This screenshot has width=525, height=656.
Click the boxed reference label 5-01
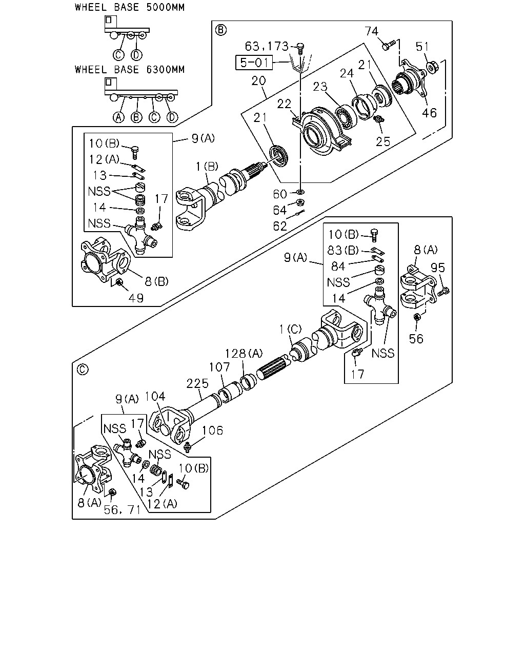(x=254, y=63)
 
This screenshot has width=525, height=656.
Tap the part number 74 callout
(x=371, y=31)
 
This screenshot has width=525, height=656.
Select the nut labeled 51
(x=432, y=67)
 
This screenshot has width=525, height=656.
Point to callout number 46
(x=429, y=113)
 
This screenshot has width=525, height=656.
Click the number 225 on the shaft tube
(x=197, y=383)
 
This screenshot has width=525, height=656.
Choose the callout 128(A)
(x=244, y=354)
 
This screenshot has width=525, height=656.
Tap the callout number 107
(x=219, y=367)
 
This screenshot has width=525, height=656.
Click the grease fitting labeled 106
(x=188, y=446)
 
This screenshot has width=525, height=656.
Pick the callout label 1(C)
(x=290, y=329)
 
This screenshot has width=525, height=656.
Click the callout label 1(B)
(x=207, y=167)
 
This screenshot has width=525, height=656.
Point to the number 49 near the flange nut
(x=136, y=298)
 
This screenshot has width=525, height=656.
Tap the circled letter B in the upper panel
(x=221, y=30)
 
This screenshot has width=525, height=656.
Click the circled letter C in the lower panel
(x=83, y=370)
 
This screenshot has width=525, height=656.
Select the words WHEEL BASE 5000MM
(x=130, y=7)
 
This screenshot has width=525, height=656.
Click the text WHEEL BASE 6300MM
(x=130, y=70)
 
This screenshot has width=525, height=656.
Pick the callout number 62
(x=280, y=226)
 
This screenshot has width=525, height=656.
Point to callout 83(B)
(x=343, y=250)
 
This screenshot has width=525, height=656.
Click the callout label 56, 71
(x=122, y=509)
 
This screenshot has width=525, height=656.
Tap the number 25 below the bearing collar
(x=383, y=141)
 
